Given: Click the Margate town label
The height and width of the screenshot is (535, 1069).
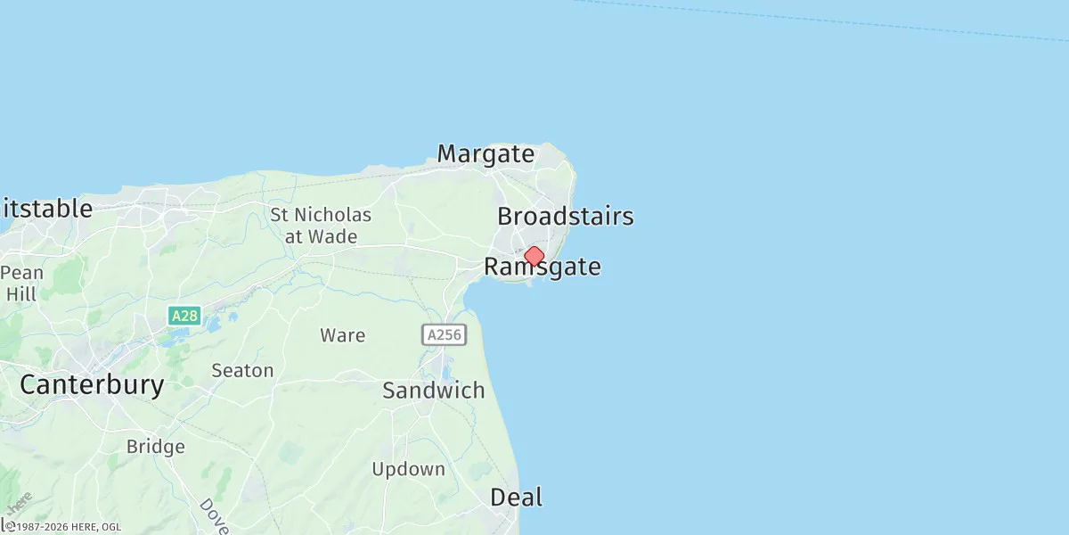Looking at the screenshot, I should [x=486, y=154].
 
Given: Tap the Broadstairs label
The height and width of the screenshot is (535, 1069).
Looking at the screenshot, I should [x=565, y=217].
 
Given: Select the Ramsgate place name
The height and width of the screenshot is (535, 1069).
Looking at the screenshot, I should [x=542, y=267].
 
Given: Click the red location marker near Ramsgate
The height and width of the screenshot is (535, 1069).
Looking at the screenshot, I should [x=534, y=257].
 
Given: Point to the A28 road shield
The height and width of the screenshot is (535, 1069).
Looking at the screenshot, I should [x=184, y=316].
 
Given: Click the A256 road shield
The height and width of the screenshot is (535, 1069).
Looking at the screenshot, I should [x=444, y=335].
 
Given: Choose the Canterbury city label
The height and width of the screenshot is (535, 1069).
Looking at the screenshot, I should [x=92, y=385].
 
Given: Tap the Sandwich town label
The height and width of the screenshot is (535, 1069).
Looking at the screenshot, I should [x=433, y=391].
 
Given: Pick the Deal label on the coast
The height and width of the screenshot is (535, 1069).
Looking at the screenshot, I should [x=516, y=498].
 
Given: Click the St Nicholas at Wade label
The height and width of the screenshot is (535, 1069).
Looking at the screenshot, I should [x=321, y=226].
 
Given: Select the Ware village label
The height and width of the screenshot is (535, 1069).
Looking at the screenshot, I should [x=343, y=335].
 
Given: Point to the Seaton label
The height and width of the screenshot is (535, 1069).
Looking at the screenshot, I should [x=242, y=370].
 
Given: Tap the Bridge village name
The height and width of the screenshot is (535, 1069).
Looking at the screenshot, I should [x=155, y=447].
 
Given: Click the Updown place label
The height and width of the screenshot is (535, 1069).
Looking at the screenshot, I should [x=408, y=469].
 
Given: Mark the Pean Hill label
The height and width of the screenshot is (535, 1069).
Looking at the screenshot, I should [x=21, y=283].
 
